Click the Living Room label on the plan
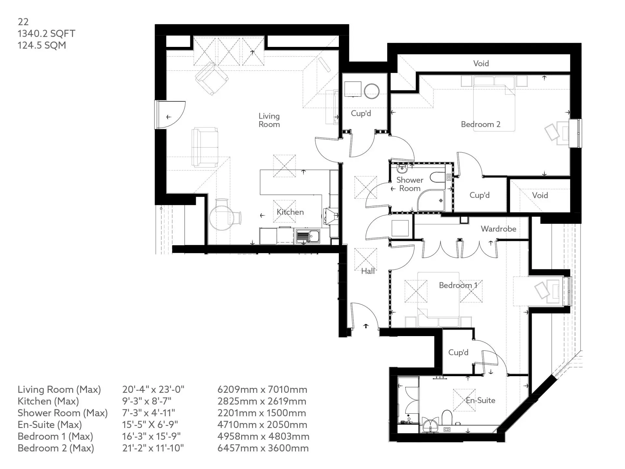click(269, 120)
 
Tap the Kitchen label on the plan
click(290, 212)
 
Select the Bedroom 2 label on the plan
click(480, 124)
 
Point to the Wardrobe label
click(498, 229)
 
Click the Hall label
click(368, 271)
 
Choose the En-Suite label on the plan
click(480, 400)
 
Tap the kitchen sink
click(308, 236)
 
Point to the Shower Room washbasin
click(402, 169)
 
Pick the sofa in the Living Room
click(205, 148)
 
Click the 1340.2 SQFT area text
click(46, 34)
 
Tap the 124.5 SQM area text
click(42, 45)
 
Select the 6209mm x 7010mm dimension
click(262, 390)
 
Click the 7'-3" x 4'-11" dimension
click(148, 413)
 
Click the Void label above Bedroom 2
click(481, 63)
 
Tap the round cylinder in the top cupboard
click(372, 91)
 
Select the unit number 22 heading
click(23, 22)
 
